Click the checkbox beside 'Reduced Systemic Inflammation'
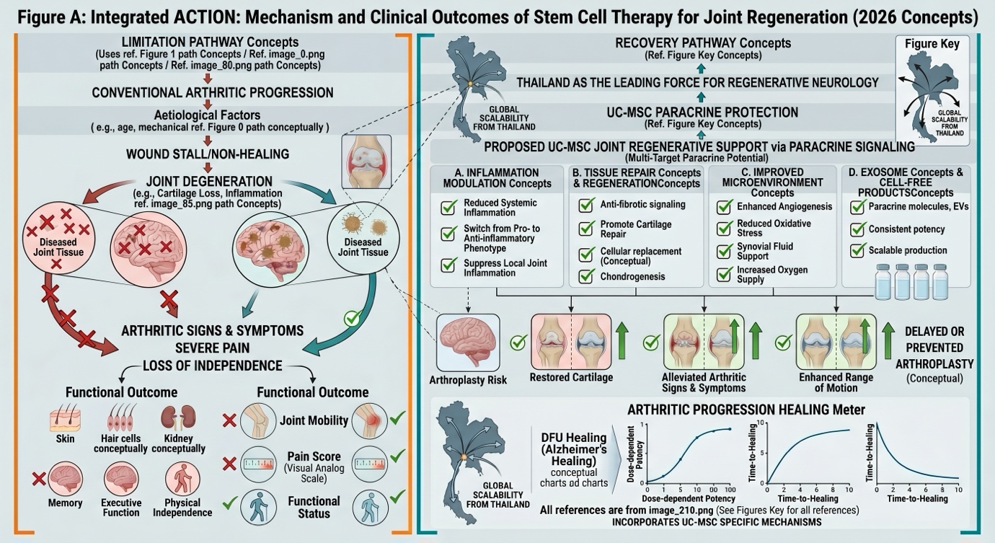point(448,208)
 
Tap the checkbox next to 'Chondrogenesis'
point(587,276)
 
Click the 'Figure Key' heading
point(932,45)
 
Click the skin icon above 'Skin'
point(64,419)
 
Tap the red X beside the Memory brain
point(39,477)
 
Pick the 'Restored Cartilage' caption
point(571,378)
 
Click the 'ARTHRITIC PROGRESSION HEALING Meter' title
point(746,410)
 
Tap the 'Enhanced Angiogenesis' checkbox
point(725,207)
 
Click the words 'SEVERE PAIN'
point(212,348)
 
